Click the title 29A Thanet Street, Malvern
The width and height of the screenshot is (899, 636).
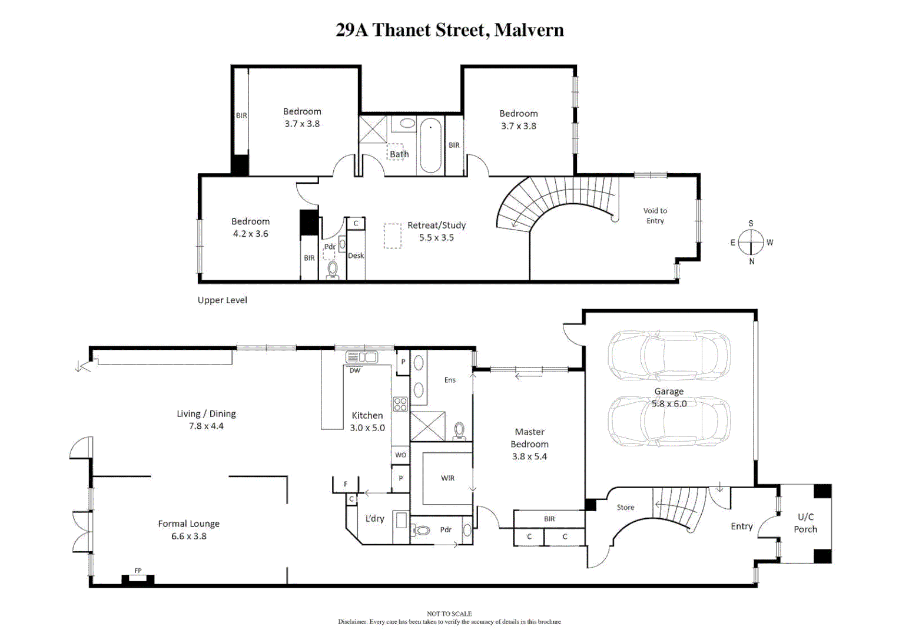point(449,30)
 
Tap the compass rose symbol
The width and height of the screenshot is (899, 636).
point(751,242)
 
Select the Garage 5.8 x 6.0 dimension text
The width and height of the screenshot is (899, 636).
point(669,404)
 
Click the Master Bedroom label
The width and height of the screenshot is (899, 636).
point(529,438)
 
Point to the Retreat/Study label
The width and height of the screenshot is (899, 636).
point(436,226)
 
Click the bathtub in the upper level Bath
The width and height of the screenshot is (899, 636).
point(430,144)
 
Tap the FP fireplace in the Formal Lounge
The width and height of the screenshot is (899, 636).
point(138,578)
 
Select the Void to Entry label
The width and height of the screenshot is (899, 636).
point(655,216)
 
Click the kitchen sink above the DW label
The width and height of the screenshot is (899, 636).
point(361,357)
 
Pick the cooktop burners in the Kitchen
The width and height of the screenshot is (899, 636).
point(400,404)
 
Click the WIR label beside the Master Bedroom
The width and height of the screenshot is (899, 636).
point(447,478)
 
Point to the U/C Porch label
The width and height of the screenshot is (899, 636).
point(805,523)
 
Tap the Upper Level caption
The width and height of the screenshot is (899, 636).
point(222,300)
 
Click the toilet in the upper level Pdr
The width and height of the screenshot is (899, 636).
point(333,269)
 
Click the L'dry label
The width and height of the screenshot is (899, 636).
point(374,519)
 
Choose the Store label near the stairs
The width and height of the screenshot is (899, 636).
point(625,508)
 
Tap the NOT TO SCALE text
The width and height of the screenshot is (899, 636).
point(449,614)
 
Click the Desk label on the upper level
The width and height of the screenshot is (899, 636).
point(356,256)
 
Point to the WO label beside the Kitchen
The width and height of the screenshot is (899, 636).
point(400,455)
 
